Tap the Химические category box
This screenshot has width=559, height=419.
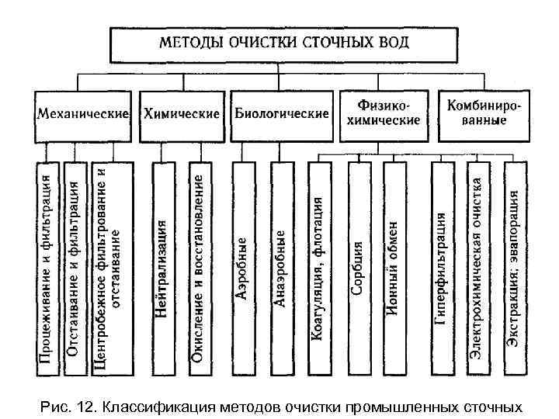[x=181, y=114]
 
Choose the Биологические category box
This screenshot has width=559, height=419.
[x=282, y=114]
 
